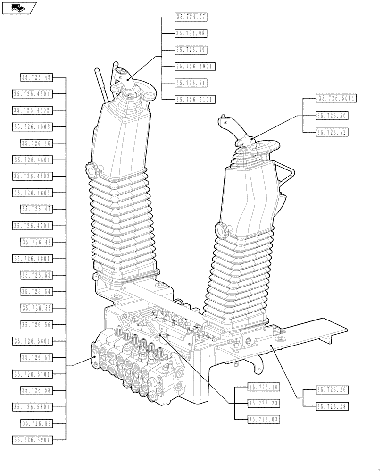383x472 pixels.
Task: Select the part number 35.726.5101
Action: [195, 100]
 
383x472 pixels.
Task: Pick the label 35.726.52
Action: [332, 133]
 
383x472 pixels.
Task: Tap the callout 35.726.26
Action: [332, 390]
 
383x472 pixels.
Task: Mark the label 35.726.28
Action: [332, 406]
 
